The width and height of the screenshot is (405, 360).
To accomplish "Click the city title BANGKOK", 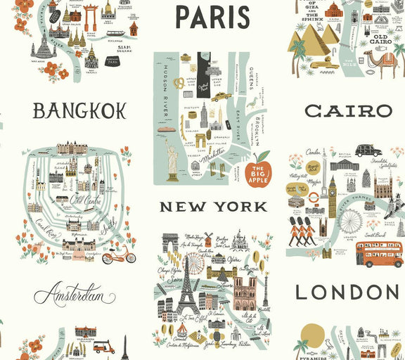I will point(79,110).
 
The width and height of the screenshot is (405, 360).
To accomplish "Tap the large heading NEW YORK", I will point(213,207).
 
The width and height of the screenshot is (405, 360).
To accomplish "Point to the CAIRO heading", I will point(348,110).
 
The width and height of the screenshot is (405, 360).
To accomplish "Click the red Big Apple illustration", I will point(258,169).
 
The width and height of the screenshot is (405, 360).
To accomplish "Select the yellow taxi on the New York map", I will point(220,96).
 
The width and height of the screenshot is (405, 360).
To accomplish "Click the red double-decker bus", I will point(379,255).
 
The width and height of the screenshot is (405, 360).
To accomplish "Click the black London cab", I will point(368,150).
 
